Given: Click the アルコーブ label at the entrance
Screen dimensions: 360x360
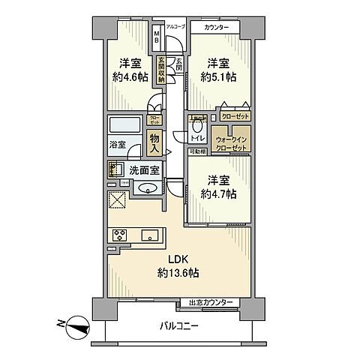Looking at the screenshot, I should click(175, 27).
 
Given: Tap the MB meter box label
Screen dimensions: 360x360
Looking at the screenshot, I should click(157, 37).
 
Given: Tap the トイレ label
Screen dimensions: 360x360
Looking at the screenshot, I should click(197, 139).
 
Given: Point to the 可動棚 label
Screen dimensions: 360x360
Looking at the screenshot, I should click(198, 151).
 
